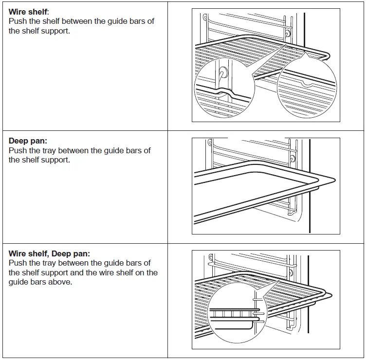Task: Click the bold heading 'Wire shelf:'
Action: point(29,12)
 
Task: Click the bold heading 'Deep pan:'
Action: point(28,141)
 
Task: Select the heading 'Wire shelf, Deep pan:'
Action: point(49,253)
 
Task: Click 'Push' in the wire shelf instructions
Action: point(18,21)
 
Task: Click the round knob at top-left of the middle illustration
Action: point(210,143)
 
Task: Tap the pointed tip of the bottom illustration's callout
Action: point(278,282)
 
